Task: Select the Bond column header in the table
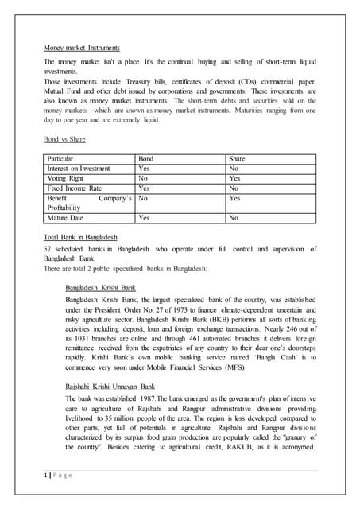[146, 159]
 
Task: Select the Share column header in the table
[238, 159]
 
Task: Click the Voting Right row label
[65, 178]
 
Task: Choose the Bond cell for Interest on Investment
[144, 169]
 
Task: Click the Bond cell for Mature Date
[144, 217]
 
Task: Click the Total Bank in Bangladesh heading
[80, 238]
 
